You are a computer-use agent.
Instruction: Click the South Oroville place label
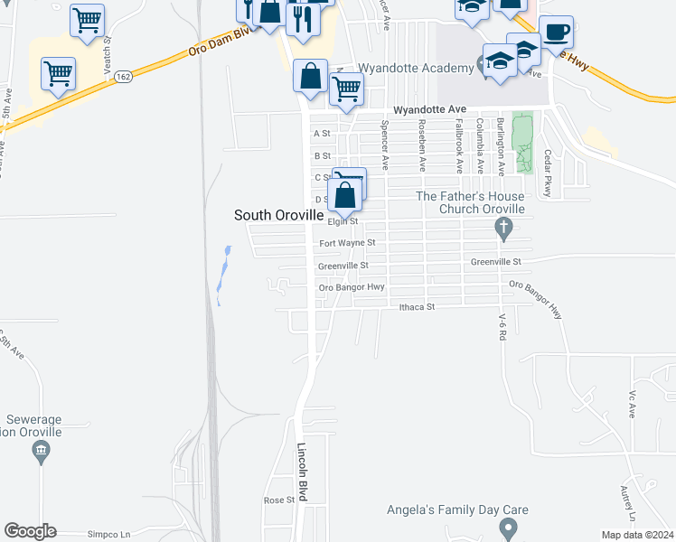click(278, 215)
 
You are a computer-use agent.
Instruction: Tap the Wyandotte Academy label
click(416, 68)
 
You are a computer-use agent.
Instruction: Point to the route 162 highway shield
click(125, 78)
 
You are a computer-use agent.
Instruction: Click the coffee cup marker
click(556, 33)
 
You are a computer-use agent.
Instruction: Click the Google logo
click(30, 531)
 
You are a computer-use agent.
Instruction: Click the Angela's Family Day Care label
click(457, 510)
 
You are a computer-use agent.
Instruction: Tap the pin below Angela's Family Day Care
click(508, 527)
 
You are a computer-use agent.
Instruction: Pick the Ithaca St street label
click(418, 307)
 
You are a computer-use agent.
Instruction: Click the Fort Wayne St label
click(346, 243)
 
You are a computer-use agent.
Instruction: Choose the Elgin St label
click(343, 220)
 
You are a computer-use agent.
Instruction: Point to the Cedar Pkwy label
click(547, 174)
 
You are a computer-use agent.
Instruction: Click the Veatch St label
click(107, 54)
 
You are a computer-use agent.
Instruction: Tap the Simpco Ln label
click(110, 535)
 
